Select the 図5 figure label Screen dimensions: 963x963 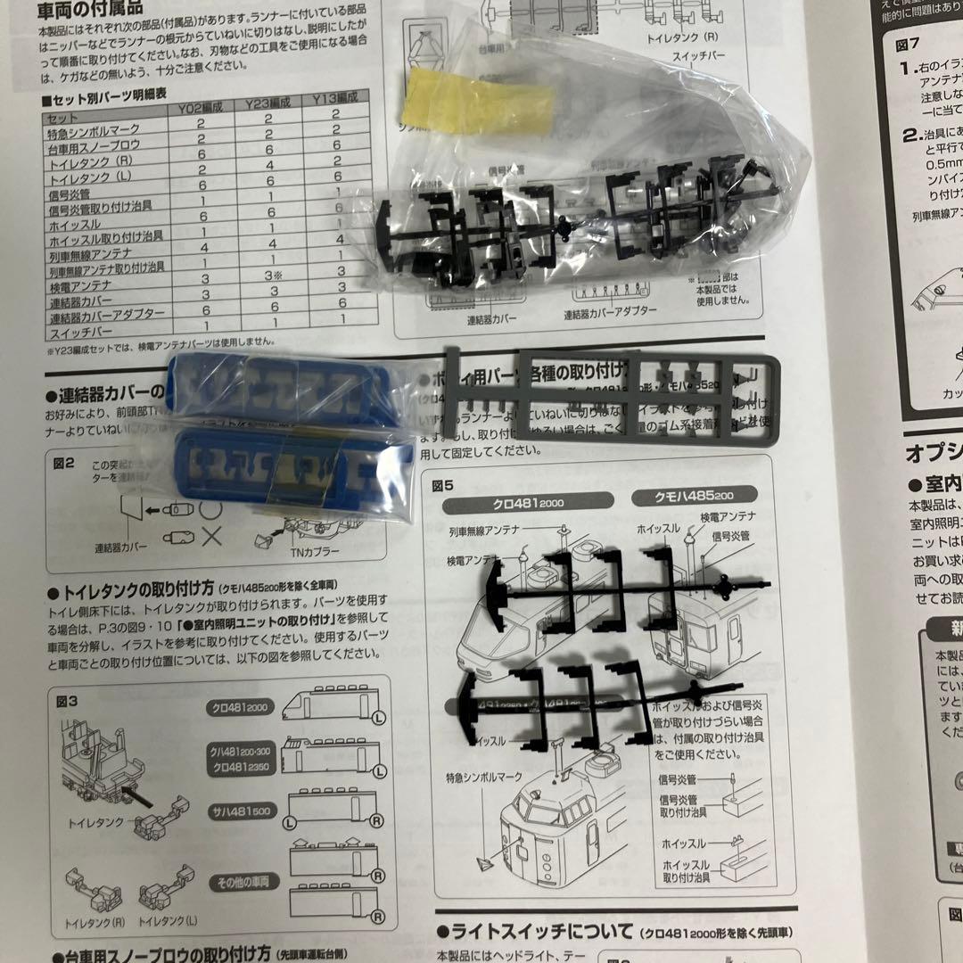pyautogui.click(x=443, y=486)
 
